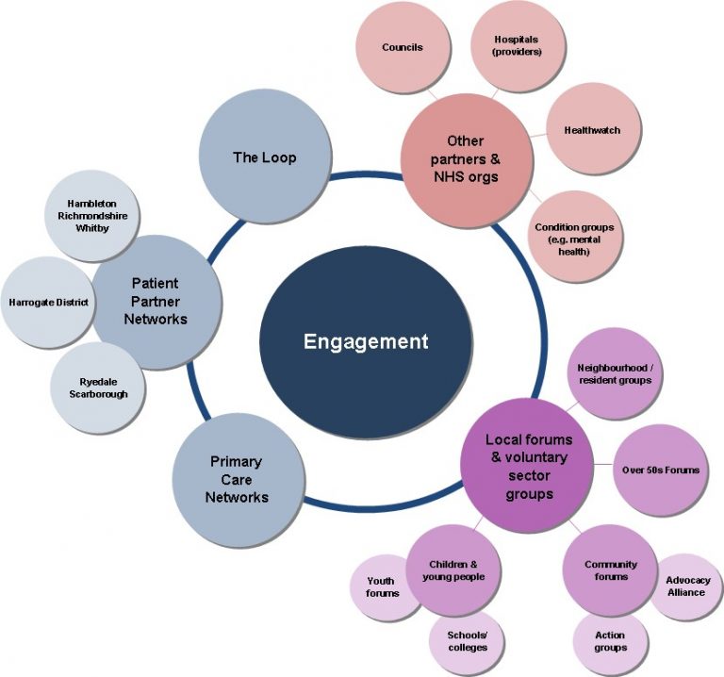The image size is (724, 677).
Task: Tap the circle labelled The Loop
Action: (x=264, y=157)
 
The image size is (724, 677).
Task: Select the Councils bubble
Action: (x=403, y=47)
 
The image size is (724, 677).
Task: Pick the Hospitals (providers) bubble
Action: (x=518, y=46)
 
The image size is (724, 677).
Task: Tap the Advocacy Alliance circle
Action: (x=687, y=586)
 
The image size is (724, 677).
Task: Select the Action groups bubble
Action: (x=610, y=641)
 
